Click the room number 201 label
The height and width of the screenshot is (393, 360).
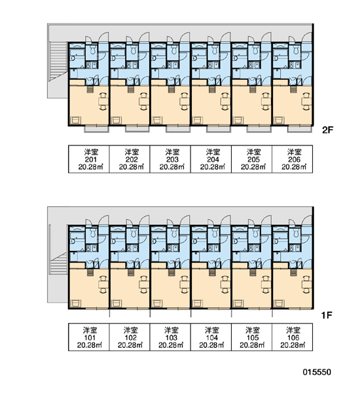point(91,159)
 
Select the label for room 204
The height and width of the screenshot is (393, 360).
point(213,159)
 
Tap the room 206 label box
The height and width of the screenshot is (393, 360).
point(292,159)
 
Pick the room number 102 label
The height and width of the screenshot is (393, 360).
point(130,337)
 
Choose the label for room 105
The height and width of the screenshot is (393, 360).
point(252,337)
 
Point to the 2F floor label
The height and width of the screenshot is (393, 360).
point(327,130)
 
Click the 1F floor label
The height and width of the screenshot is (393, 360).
point(327,315)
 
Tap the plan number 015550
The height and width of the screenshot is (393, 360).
point(317,372)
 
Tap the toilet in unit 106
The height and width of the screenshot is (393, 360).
point(296,233)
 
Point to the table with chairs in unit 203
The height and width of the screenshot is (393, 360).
point(185,102)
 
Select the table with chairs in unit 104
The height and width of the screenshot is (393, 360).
point(225,284)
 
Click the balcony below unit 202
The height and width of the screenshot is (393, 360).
point(137,129)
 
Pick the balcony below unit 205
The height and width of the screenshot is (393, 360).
point(259,129)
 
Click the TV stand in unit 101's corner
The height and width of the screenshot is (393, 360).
point(75,303)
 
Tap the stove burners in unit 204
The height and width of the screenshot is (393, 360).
point(211,65)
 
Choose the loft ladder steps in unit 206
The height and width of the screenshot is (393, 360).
point(293,89)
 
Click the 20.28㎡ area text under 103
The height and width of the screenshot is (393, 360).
point(171,345)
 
